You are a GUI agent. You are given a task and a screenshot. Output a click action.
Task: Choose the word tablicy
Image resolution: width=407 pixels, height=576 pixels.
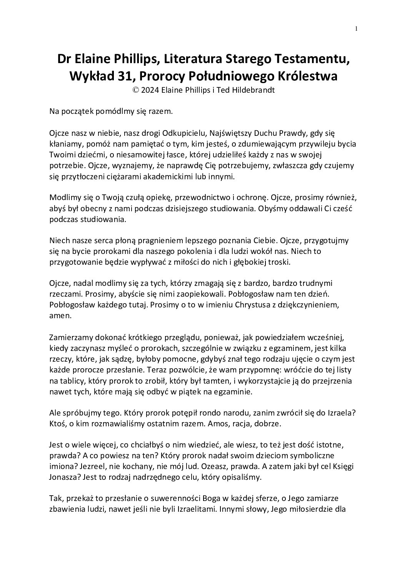point(72,381)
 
